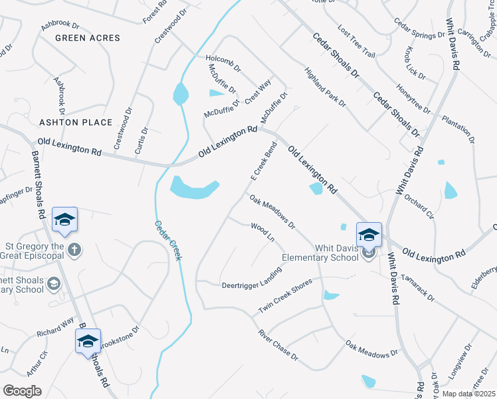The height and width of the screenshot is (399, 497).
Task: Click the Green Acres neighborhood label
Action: (88, 38)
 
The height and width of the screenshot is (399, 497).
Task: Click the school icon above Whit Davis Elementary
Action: (369, 235)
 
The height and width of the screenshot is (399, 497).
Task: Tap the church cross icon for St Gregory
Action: (75, 250)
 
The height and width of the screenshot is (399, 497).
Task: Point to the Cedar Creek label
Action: (168, 240)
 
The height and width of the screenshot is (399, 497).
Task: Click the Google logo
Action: (22, 391)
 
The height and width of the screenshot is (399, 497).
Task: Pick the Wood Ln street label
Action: (262, 233)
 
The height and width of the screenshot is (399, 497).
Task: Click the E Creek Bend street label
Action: (263, 162)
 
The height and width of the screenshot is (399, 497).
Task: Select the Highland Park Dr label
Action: (326, 87)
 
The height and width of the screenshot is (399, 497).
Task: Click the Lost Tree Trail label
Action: (356, 42)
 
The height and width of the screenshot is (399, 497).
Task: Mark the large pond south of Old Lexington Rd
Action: (193, 188)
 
